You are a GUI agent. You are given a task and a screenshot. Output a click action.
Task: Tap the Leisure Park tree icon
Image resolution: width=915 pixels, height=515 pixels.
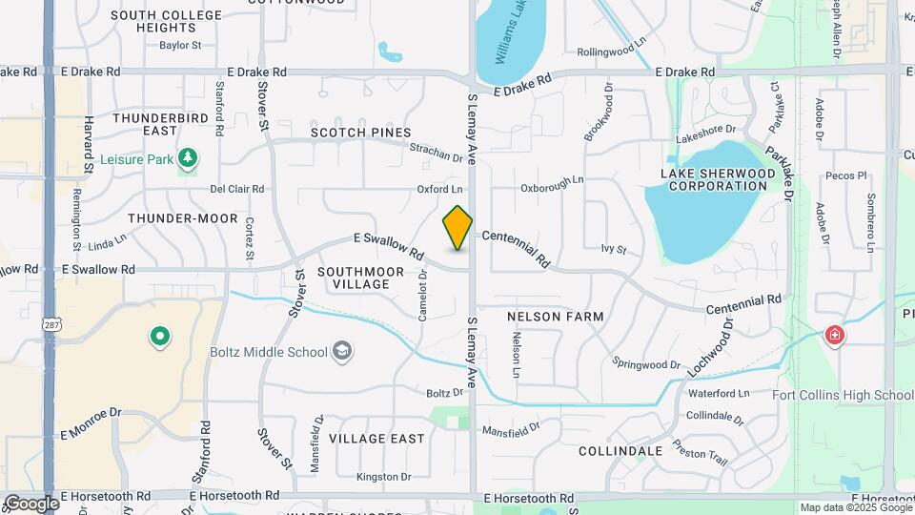(x=188, y=157)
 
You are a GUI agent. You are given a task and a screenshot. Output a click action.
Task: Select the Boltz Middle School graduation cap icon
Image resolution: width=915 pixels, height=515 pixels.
(x=341, y=352)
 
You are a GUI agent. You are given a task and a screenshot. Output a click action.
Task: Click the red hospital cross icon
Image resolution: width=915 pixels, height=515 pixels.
(x=835, y=336)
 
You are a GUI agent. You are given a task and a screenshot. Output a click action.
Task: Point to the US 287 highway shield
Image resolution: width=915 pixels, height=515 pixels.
(x=50, y=325)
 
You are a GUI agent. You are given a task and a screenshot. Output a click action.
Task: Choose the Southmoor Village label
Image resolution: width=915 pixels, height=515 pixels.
(x=354, y=278)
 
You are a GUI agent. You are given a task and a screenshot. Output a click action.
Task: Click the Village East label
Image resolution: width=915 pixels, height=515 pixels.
(x=376, y=439)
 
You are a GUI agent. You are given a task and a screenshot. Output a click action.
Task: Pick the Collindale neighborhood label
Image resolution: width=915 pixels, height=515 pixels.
(x=620, y=450)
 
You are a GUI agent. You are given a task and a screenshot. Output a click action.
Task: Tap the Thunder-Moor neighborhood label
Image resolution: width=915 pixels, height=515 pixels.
(x=182, y=218)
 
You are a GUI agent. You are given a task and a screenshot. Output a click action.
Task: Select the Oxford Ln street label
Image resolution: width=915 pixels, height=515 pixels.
(x=439, y=190)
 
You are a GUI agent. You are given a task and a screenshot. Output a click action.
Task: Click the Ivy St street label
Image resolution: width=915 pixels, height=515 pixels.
(x=613, y=250)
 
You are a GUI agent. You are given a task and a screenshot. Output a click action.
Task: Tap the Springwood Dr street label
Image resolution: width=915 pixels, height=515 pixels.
(x=646, y=364)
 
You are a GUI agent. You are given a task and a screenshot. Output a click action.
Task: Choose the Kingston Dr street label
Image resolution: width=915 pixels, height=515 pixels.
(x=383, y=477)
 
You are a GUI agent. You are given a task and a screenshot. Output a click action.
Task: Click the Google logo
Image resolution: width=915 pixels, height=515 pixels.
(x=30, y=503)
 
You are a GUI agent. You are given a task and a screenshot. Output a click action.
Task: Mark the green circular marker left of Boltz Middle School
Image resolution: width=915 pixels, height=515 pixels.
(x=159, y=336)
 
